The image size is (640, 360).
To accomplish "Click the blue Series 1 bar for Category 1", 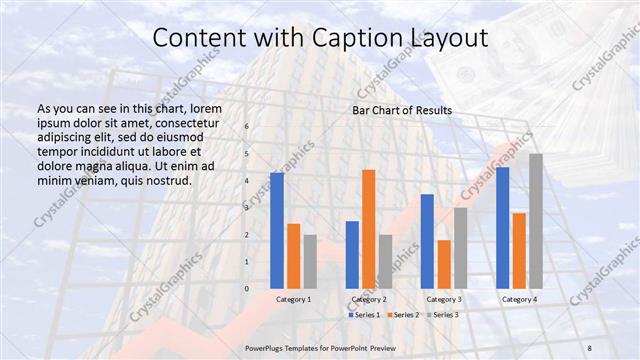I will [x=277, y=231].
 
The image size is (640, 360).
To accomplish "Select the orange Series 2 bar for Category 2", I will [x=369, y=229].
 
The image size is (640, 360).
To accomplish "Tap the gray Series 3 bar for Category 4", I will [x=536, y=221].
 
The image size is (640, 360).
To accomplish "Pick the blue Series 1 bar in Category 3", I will [x=427, y=241].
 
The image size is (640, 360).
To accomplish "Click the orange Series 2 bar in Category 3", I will [x=444, y=264].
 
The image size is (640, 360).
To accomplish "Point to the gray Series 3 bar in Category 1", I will [x=310, y=261].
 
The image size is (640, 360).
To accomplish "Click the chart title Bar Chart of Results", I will [x=401, y=110].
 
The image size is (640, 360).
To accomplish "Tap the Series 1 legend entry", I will [x=365, y=315].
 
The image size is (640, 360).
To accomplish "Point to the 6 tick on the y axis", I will [x=248, y=127].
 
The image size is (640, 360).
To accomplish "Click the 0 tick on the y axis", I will [x=248, y=288].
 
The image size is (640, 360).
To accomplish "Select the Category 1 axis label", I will [x=293, y=299].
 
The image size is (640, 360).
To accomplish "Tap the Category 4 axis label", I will [x=519, y=299].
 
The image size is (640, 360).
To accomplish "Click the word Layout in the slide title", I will [x=450, y=38].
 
